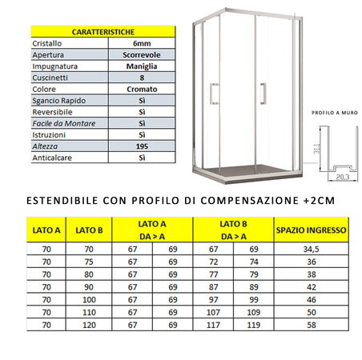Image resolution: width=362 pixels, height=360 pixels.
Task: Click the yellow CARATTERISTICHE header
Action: coord(102,30)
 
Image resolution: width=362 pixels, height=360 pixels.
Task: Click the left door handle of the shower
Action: coord(212,94)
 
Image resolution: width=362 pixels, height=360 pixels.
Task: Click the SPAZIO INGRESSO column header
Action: coord(311,231)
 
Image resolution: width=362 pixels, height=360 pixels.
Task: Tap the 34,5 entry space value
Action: coord(311,250)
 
